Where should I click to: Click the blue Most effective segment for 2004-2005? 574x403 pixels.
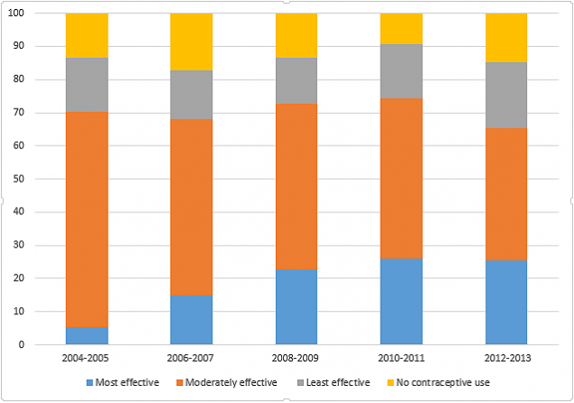pyautogui.click(x=87, y=335)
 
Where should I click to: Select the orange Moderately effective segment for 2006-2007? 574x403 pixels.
pyautogui.click(x=192, y=207)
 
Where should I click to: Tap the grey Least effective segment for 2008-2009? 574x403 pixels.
pyautogui.click(x=296, y=80)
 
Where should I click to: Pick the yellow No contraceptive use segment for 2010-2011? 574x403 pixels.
pyautogui.click(x=400, y=29)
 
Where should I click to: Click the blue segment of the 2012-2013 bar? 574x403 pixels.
pyautogui.click(x=505, y=302)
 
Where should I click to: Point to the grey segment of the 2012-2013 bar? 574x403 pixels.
pyautogui.click(x=505, y=95)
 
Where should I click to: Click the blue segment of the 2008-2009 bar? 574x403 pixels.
pyautogui.click(x=296, y=306)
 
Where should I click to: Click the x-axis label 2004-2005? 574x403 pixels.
pyautogui.click(x=87, y=359)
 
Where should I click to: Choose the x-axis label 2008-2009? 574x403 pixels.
pyautogui.click(x=296, y=359)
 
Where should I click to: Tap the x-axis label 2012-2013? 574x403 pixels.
pyautogui.click(x=505, y=359)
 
